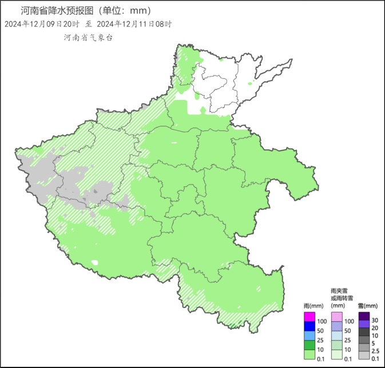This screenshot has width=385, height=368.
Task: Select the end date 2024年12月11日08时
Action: click(134, 24)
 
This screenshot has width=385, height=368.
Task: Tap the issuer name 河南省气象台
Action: click(89, 37)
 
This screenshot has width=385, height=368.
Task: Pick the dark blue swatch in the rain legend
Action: click(309, 326)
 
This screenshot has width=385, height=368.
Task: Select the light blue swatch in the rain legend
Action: click(309, 335)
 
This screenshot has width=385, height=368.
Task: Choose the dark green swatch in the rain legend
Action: click(309, 345)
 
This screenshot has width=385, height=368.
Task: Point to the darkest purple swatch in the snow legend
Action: click(364, 316)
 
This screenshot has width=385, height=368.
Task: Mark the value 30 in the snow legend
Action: click(375, 320)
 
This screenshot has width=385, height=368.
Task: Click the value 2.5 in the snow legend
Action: click(376, 350)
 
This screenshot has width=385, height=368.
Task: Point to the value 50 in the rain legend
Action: click(320, 331)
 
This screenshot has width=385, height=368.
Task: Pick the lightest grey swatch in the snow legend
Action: click(364, 355)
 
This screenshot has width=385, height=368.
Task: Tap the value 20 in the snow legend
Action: click(375, 327)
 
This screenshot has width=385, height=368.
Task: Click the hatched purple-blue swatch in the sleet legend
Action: click(337, 326)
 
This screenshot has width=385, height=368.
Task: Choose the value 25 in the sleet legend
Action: click(348, 340)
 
